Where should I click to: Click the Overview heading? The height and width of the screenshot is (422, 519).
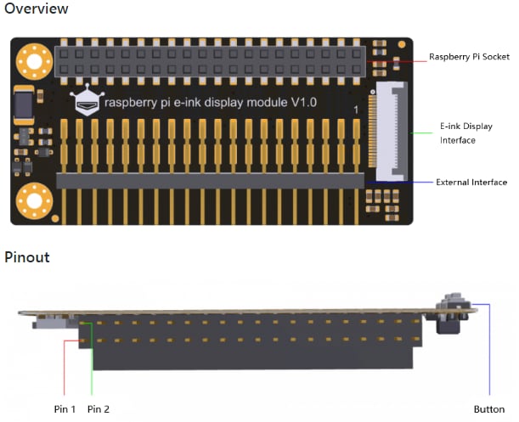pyautogui.click(x=37, y=9)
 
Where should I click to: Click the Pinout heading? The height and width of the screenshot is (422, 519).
pyautogui.click(x=27, y=257)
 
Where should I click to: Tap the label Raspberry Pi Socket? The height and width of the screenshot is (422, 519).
pyautogui.click(x=469, y=57)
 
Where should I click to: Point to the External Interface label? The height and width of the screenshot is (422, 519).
pyautogui.click(x=471, y=183)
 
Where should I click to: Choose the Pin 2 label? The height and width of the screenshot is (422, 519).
pyautogui.click(x=99, y=409)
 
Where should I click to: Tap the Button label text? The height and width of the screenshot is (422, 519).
pyautogui.click(x=488, y=409)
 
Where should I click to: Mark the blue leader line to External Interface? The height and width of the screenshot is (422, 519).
pyautogui.click(x=399, y=181)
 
